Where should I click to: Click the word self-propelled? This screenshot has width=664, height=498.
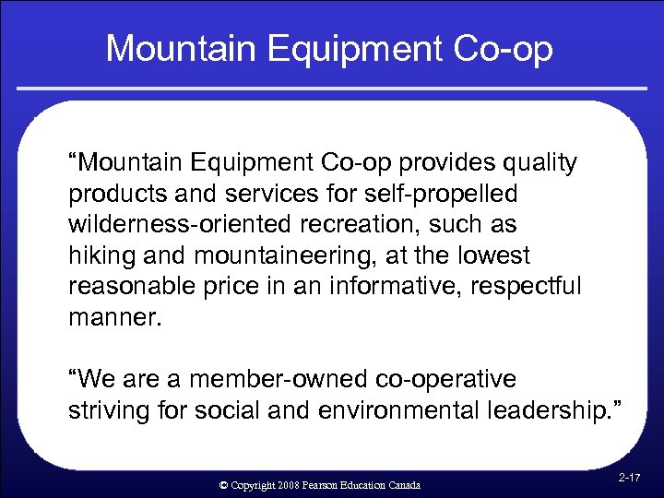pyautogui.click(x=444, y=195)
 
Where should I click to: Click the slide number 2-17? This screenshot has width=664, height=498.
pyautogui.click(x=630, y=478)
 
